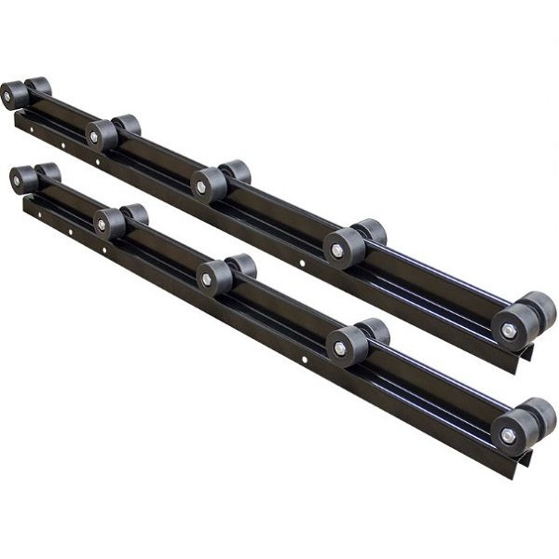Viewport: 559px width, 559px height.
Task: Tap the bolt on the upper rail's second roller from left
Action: tap(95, 137)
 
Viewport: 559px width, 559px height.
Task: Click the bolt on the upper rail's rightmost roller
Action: tap(509, 330)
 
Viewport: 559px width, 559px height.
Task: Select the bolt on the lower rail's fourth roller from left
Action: tap(339, 348)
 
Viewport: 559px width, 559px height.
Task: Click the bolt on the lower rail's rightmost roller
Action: tap(508, 435)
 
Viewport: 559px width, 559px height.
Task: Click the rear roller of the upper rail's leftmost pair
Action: tap(40, 87)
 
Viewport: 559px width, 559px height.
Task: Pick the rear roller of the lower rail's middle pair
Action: tap(242, 266)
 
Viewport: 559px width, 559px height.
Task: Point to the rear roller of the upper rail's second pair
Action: tap(128, 125)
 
